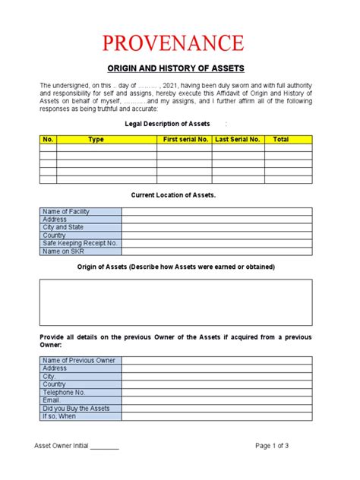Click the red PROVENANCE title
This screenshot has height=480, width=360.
179,43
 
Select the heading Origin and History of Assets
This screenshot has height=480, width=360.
179,68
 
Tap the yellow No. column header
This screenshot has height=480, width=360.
48,140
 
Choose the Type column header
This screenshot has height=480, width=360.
96,140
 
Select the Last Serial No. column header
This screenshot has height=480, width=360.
238,140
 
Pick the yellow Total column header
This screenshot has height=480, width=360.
281,140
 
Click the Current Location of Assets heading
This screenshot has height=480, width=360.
174,195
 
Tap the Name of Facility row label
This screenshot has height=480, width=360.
66,211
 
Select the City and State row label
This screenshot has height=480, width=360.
63,227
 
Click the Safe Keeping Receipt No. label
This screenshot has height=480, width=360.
80,243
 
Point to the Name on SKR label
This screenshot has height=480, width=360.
62,251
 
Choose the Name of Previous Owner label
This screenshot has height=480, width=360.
79,360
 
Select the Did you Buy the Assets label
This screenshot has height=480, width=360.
77,408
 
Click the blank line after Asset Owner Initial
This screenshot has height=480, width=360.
105,447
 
